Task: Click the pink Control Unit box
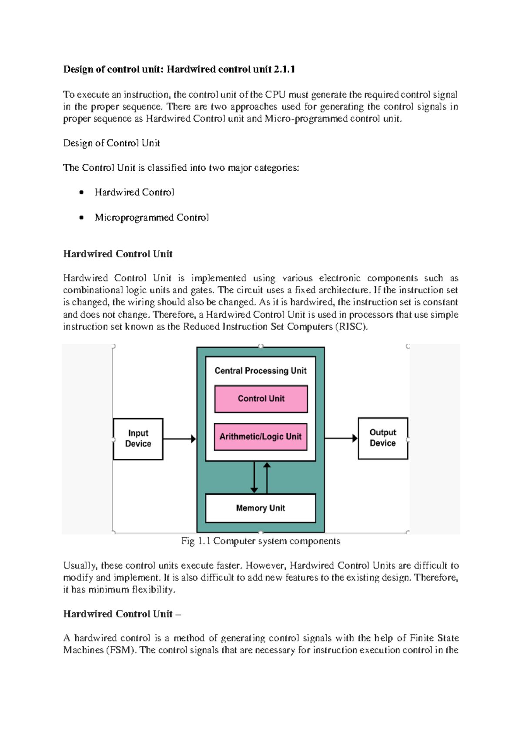(261, 398)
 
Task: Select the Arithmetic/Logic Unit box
(261, 436)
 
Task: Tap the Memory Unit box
(260, 508)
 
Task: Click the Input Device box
(138, 438)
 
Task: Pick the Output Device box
(383, 438)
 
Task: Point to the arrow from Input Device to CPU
(179, 439)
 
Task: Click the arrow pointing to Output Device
(341, 438)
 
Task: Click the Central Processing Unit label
(260, 371)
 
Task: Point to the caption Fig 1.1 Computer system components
(261, 541)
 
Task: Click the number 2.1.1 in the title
(284, 69)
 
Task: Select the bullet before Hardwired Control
(81, 193)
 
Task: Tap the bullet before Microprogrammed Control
(81, 218)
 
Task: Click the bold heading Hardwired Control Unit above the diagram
(118, 254)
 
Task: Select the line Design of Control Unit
(111, 143)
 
